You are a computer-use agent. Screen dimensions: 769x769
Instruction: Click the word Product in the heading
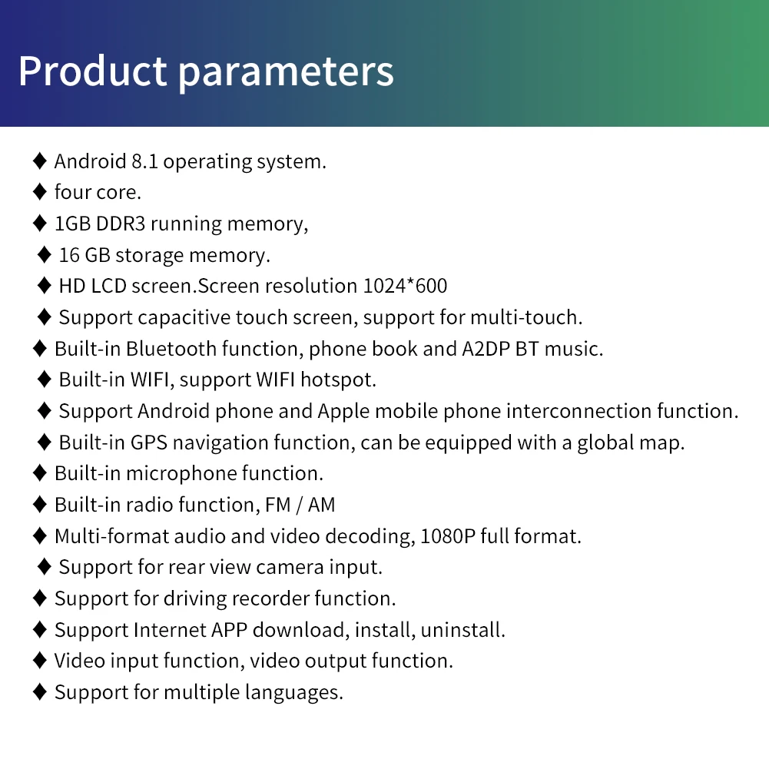click(x=92, y=71)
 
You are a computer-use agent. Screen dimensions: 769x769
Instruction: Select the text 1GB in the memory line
click(x=72, y=224)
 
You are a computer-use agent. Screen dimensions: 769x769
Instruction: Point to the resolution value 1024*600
click(x=405, y=286)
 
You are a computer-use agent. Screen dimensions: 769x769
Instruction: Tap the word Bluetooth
click(x=171, y=349)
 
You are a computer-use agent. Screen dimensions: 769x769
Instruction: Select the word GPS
click(x=148, y=443)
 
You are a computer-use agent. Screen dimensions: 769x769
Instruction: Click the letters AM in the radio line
click(x=322, y=505)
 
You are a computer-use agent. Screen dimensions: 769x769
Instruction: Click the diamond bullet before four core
click(x=40, y=192)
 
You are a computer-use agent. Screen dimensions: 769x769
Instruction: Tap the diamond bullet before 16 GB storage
click(x=45, y=254)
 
